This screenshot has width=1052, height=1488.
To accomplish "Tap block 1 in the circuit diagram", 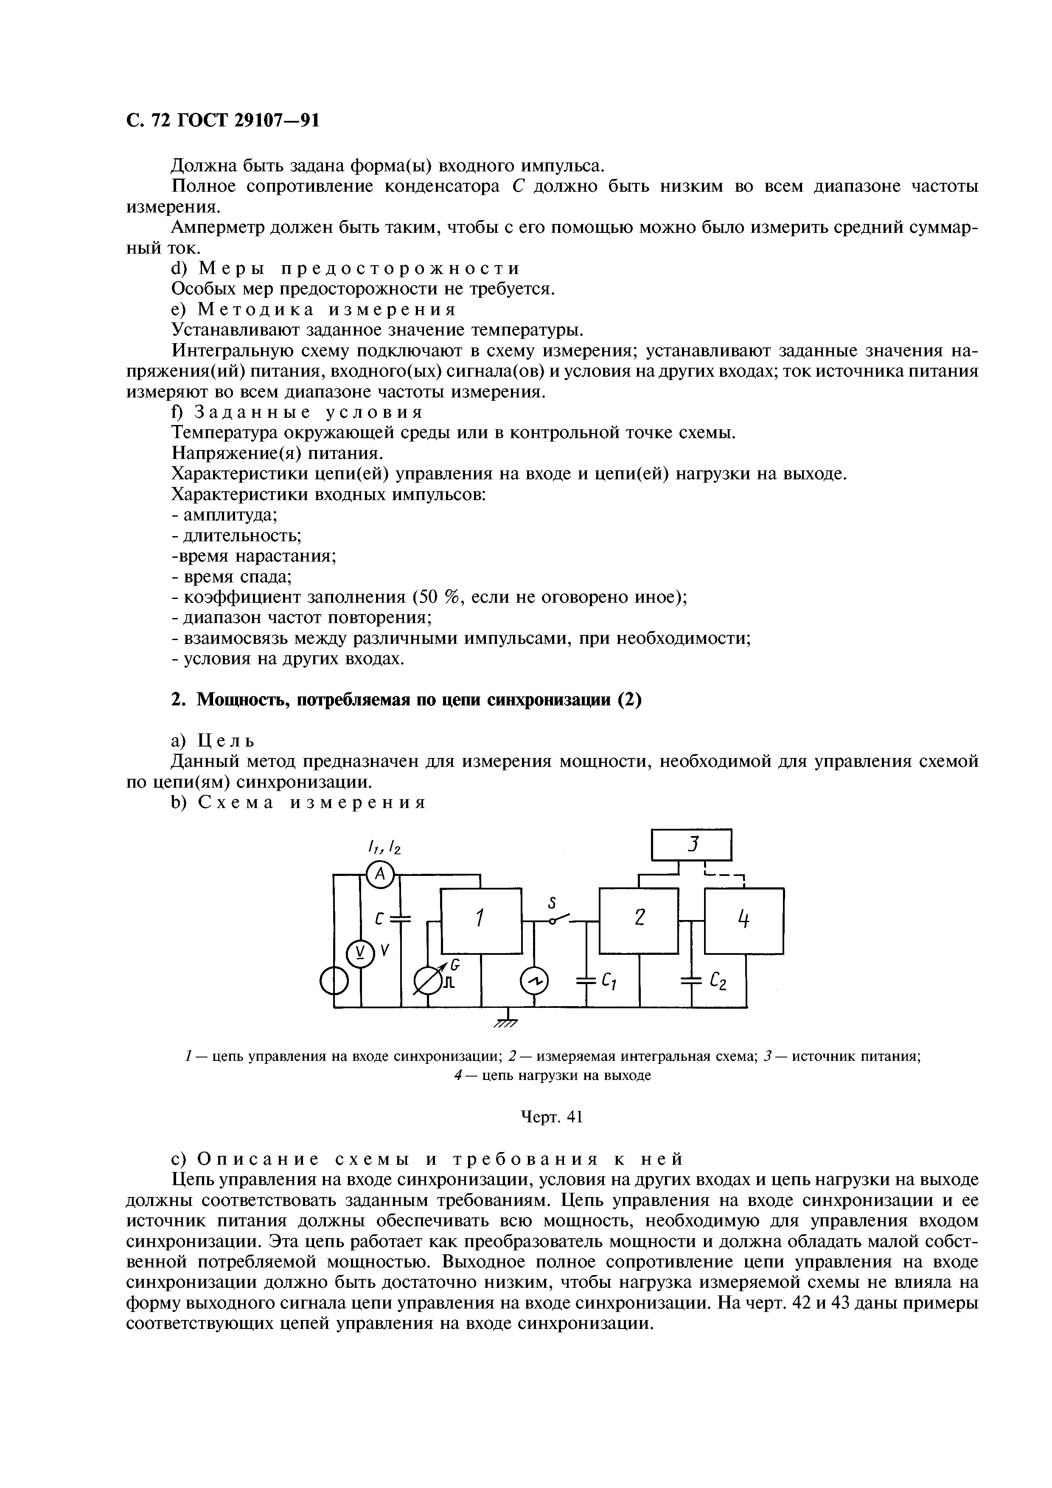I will [481, 920].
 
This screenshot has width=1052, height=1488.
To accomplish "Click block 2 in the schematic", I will [639, 920].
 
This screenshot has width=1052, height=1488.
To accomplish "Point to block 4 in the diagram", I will [744, 920].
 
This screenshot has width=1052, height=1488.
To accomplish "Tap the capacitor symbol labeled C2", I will [692, 983].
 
